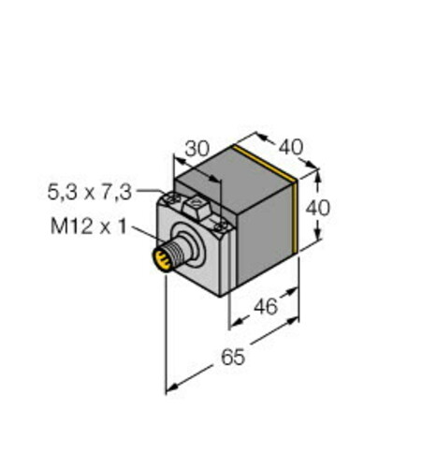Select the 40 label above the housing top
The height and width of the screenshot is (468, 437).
pyautogui.click(x=292, y=148)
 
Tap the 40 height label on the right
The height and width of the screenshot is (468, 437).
pyautogui.click(x=319, y=208)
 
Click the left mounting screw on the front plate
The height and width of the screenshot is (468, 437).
pyautogui.click(x=173, y=199)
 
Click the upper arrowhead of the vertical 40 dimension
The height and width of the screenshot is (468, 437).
pyautogui.click(x=318, y=172)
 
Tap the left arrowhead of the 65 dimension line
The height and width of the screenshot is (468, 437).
pyautogui.click(x=170, y=388)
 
